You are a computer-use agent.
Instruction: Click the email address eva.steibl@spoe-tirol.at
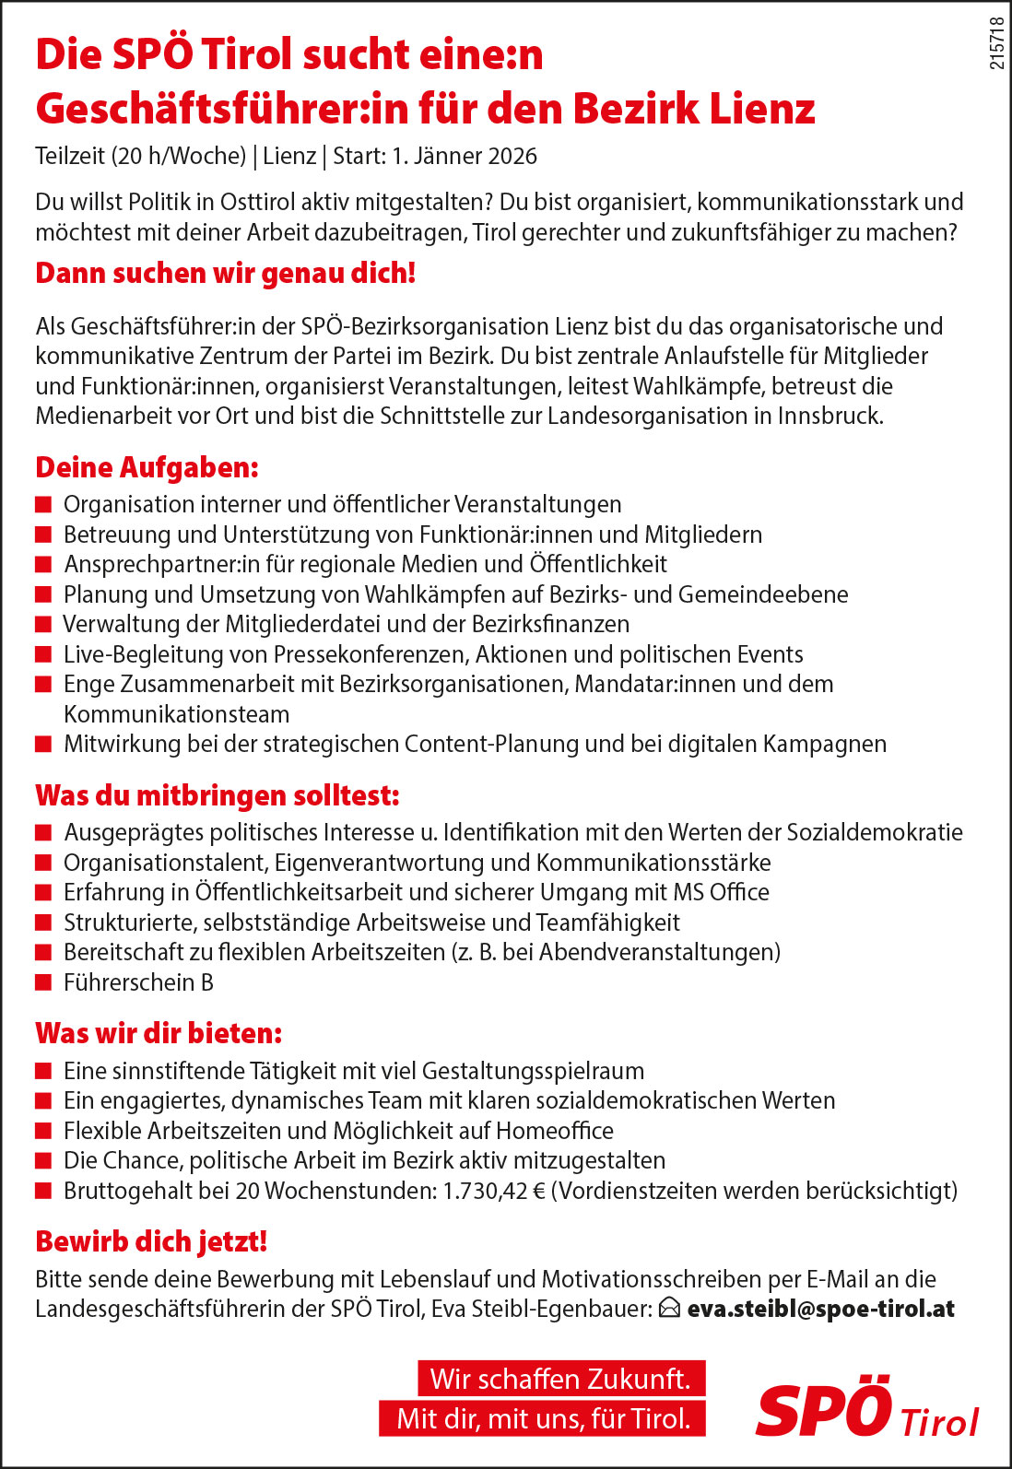click(x=820, y=1309)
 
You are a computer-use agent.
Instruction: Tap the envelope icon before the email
click(x=670, y=1309)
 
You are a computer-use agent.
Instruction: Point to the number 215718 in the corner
click(x=996, y=43)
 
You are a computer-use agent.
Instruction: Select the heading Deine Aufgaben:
click(x=147, y=467)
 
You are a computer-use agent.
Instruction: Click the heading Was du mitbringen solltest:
click(x=218, y=795)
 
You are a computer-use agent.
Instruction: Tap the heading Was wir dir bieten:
click(x=159, y=1033)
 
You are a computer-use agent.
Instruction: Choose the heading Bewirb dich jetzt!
click(x=151, y=1241)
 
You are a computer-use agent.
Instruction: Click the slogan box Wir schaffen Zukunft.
click(x=560, y=1379)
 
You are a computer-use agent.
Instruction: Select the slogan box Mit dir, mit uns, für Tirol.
click(x=543, y=1418)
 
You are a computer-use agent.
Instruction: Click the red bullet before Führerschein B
click(x=42, y=982)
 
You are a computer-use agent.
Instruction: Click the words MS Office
click(x=721, y=892)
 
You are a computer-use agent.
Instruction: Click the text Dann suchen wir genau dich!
click(x=226, y=274)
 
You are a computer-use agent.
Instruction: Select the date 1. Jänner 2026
click(x=465, y=156)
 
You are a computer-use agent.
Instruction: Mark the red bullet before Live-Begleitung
click(x=42, y=654)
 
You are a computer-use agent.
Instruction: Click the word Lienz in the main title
click(x=761, y=109)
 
